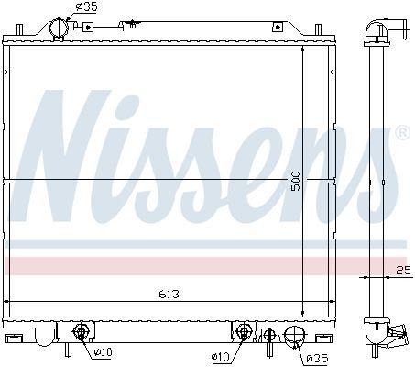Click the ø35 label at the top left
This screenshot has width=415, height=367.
point(86,6)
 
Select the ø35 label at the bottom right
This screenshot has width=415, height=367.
point(317,358)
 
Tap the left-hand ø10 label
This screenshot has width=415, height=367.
point(104,352)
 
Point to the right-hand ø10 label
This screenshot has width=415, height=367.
point(220,356)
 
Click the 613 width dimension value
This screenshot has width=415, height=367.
point(169,294)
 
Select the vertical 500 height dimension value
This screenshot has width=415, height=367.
point(296,182)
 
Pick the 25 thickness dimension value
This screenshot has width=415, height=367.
point(403,270)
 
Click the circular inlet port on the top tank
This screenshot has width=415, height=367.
point(59,28)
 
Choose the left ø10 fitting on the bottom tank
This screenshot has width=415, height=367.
point(81,331)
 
